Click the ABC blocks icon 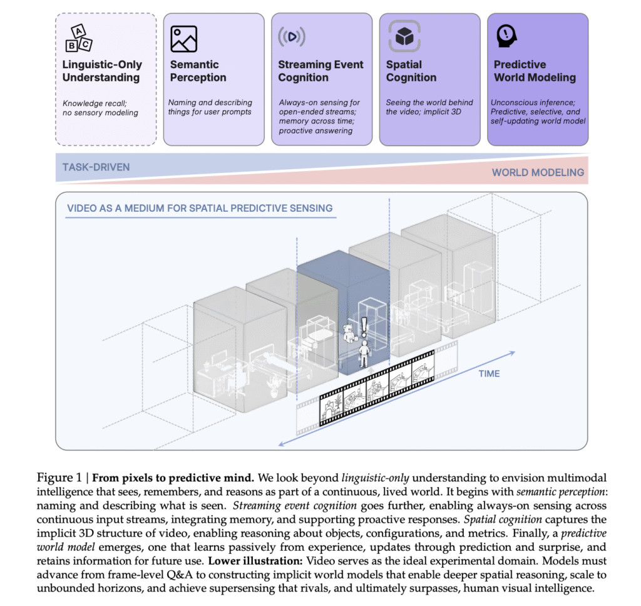[79, 38]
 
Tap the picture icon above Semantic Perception [183, 39]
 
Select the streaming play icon [292, 37]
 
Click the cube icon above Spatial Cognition [404, 36]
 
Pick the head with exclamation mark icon [506, 36]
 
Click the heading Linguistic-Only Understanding [102, 71]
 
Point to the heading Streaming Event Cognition [320, 71]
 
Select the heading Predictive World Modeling [535, 71]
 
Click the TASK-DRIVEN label [96, 167]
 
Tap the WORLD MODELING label [538, 172]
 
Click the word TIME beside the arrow [490, 374]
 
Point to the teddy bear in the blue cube [349, 333]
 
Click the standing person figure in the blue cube [364, 354]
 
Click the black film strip [376, 389]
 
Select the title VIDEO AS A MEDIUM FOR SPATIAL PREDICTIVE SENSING [200, 208]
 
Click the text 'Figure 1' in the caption [59, 478]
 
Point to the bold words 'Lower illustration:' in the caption [255, 561]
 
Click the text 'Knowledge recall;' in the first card [95, 103]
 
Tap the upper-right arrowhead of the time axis [512, 353]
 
